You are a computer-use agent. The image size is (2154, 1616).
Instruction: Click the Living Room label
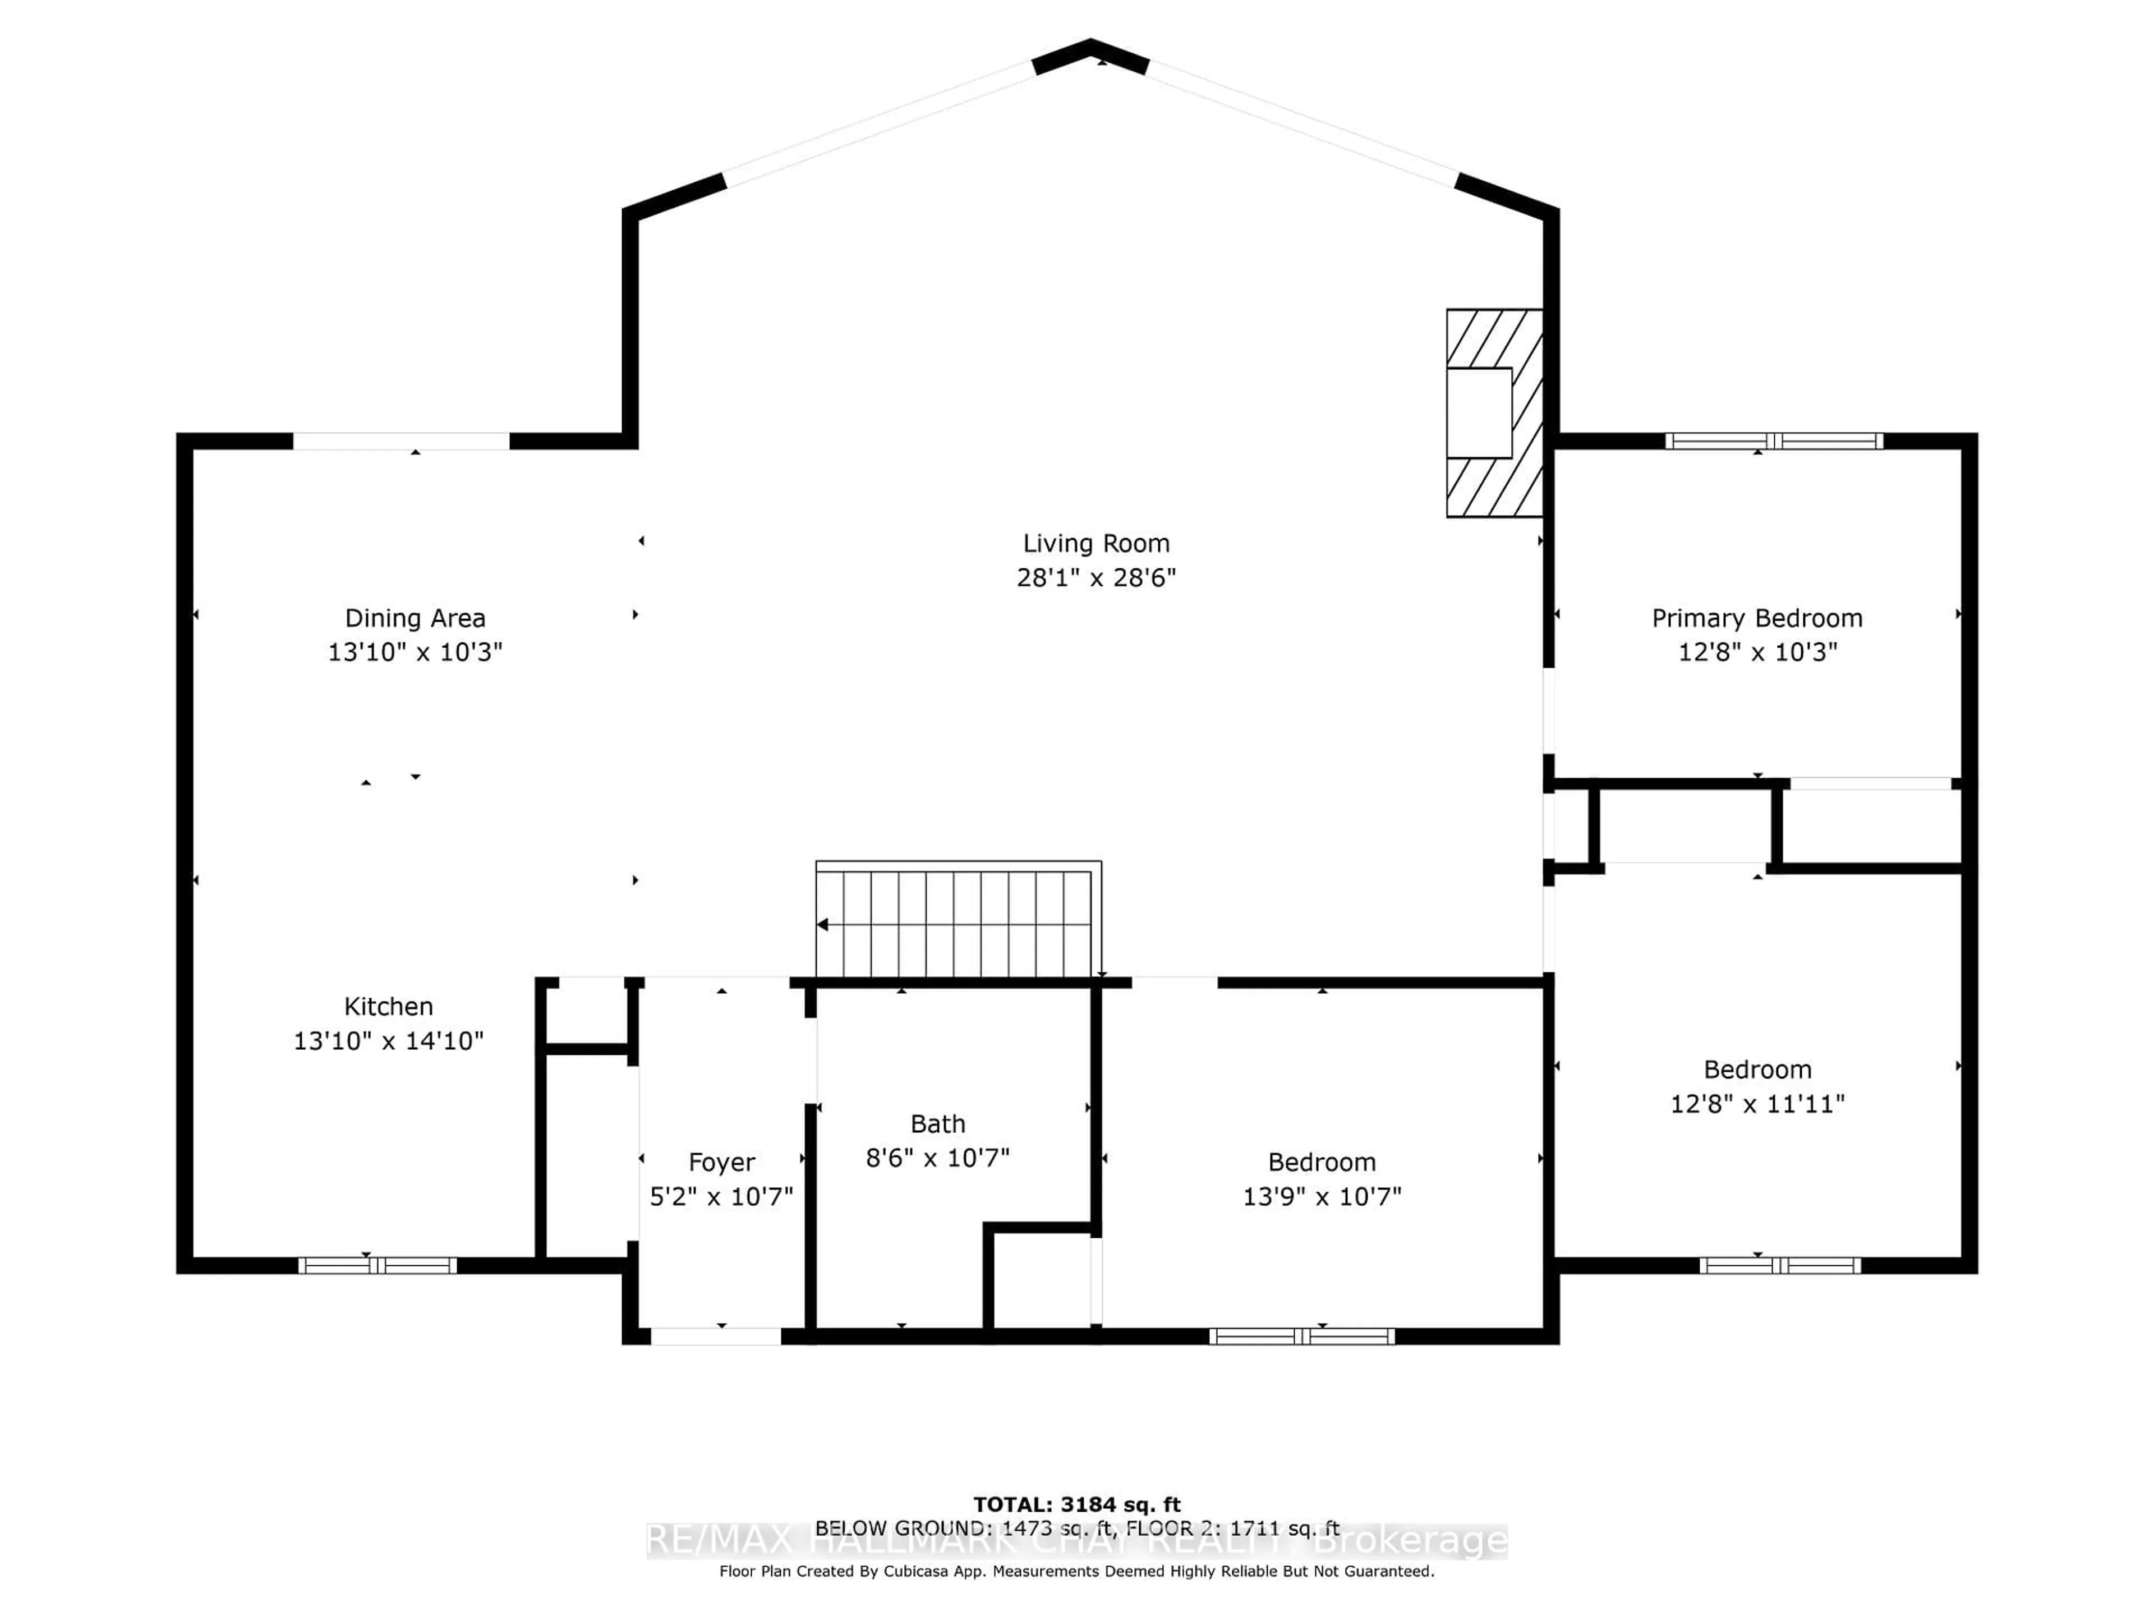click(1096, 544)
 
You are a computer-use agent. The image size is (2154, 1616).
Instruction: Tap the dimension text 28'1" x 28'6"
click(1096, 577)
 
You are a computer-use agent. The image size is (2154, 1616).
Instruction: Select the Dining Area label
click(415, 618)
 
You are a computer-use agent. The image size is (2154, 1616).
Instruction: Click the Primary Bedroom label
click(1757, 618)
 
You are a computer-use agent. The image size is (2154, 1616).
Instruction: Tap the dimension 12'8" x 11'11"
click(1757, 1104)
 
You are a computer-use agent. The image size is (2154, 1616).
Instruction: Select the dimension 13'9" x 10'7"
click(1322, 1196)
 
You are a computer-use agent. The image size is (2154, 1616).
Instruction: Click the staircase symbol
click(957, 921)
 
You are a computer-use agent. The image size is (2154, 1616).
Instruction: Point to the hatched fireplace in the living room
click(1494, 413)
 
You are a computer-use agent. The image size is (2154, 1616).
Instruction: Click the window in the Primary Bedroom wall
click(1773, 441)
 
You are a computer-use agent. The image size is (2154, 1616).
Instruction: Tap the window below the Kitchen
click(377, 1265)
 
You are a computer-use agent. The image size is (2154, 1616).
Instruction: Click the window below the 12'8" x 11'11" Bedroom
click(1779, 1265)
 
